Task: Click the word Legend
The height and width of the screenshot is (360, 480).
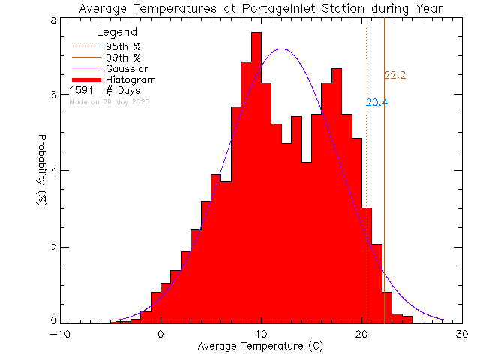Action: click(117, 32)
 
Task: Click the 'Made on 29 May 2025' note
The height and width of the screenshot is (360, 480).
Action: click(109, 101)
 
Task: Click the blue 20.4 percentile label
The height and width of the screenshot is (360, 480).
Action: click(376, 103)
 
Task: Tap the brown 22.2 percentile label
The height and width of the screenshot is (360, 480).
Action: click(394, 75)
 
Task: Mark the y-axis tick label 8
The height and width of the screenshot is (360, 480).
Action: click(54, 20)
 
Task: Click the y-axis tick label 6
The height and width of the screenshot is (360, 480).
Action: click(54, 94)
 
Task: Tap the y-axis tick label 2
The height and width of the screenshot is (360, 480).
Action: click(54, 247)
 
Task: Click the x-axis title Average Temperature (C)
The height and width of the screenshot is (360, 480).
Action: click(259, 346)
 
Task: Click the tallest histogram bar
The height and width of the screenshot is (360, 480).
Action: click(256, 180)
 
